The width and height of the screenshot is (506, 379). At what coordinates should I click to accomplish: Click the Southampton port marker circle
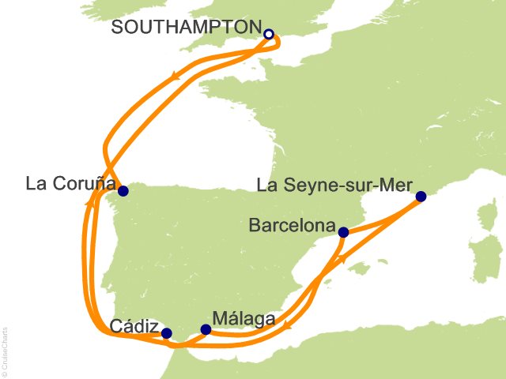click(x=269, y=34)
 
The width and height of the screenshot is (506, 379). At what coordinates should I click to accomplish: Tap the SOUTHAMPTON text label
click(x=186, y=28)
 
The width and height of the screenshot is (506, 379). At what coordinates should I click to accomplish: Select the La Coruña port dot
click(x=123, y=190)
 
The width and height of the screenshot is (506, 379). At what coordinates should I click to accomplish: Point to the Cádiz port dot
click(x=166, y=333)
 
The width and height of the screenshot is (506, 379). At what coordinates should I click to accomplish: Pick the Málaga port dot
click(x=206, y=329)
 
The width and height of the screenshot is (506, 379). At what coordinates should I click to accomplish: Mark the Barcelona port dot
click(x=343, y=232)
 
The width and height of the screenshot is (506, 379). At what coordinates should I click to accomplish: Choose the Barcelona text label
click(x=292, y=226)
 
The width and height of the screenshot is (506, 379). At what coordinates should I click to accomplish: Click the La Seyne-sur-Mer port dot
click(x=421, y=197)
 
